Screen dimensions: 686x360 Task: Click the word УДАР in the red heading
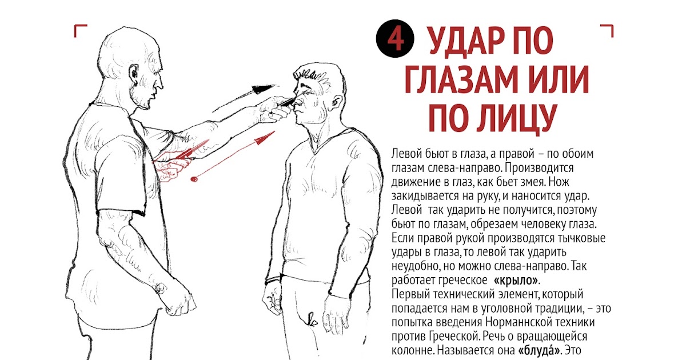(474, 41)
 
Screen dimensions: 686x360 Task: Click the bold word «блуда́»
(539, 350)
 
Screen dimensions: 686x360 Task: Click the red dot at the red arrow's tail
(194, 179)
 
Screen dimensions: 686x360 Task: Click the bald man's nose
(160, 83)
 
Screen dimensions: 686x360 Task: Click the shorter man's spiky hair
(312, 75)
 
